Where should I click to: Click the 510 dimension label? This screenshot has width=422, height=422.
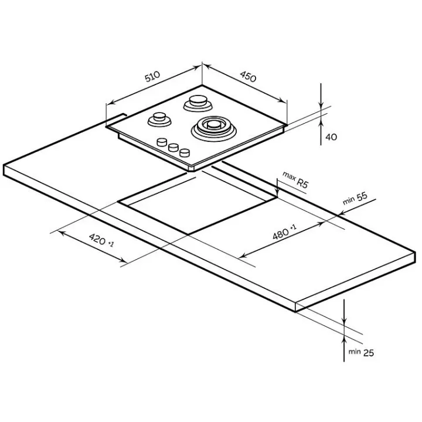point(152,76)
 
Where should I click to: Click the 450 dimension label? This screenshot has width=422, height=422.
point(248,76)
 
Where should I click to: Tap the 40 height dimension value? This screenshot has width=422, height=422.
point(331,137)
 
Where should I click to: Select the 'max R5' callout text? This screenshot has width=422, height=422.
point(295,180)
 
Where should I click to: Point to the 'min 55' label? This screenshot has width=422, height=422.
point(355,198)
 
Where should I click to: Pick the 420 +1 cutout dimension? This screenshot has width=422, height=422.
point(101,240)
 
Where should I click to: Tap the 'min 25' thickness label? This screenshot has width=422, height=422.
point(361,352)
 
